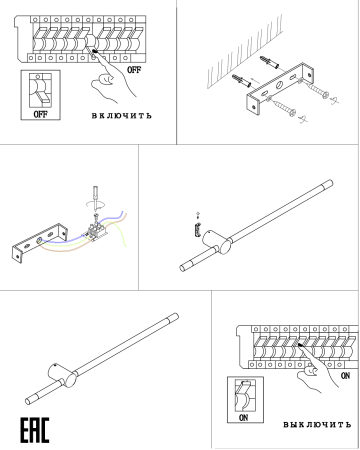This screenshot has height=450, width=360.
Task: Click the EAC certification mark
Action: click(35, 430)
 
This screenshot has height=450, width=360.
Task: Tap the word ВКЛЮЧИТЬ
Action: click(122, 116)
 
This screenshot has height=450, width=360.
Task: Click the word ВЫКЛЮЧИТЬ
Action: click(317, 424)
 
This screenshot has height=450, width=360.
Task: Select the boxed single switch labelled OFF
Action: click(41, 95)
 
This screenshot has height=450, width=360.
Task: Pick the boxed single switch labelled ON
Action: click(245, 400)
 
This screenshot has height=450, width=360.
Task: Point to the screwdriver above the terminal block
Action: click(96, 198)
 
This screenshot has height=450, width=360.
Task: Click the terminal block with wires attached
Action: click(96, 231)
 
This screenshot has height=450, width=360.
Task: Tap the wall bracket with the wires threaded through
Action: click(39, 242)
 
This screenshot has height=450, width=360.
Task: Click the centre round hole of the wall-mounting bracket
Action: click(278, 85)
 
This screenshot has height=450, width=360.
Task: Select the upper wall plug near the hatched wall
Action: click(269, 62)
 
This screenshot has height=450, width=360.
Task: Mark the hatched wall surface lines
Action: click(245, 52)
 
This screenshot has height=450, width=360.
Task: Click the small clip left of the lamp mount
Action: click(197, 230)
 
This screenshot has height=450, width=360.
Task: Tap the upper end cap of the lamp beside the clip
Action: click(328, 184)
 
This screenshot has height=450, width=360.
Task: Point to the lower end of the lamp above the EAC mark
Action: click(30, 400)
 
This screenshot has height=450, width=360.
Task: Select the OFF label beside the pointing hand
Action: click(134, 70)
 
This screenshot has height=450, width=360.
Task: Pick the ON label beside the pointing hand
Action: click(345, 376)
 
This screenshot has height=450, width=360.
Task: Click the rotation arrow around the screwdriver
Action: click(96, 204)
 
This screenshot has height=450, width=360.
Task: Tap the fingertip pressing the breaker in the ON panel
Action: click(300, 346)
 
